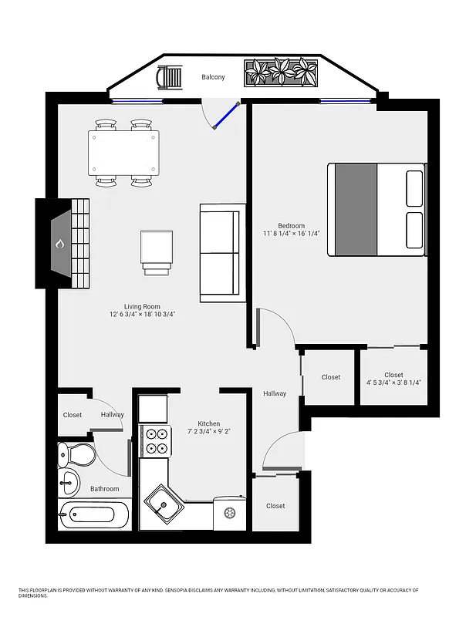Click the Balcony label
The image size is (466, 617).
tap(213, 77)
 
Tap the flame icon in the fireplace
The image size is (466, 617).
tap(59, 244)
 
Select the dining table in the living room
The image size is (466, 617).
tap(124, 153)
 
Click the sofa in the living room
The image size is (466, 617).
tap(220, 253)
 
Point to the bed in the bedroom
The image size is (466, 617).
tap(377, 209)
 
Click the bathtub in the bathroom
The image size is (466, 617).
tap(95, 514)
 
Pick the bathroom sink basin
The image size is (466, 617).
tap(69, 484)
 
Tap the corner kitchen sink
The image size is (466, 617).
tap(164, 506)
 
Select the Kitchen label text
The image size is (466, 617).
tap(208, 424)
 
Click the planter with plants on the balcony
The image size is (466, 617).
tap(282, 73)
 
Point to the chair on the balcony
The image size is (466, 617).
tap(170, 78)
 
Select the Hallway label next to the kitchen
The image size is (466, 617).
tap(275, 393)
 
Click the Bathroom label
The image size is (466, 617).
tap(104, 489)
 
